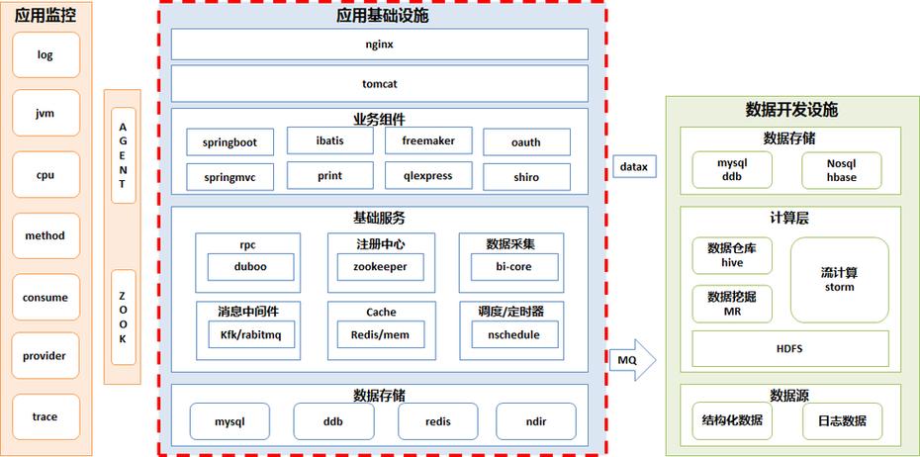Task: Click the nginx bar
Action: tap(380, 45)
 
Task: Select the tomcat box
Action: tap(380, 84)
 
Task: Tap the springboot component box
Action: tap(230, 142)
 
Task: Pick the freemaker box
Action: tap(428, 141)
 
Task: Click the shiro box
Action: tap(526, 177)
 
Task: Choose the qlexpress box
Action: tap(428, 176)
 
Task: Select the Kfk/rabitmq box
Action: tap(250, 335)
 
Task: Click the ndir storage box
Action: tap(535, 421)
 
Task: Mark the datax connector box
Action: tap(633, 167)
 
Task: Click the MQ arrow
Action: tap(633, 359)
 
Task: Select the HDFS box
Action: tap(789, 349)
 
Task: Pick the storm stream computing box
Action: tap(839, 280)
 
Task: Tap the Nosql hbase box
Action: tap(841, 170)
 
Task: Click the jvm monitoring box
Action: tap(46, 114)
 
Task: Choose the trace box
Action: tap(46, 416)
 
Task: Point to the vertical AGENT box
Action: tap(124, 155)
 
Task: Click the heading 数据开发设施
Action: tap(790, 110)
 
